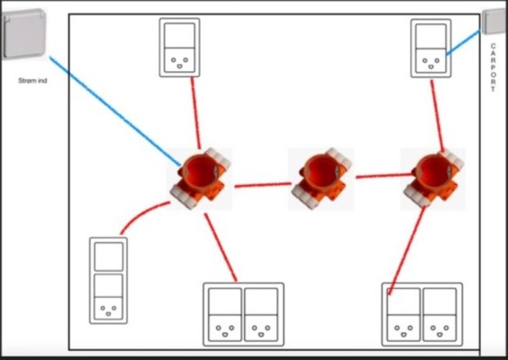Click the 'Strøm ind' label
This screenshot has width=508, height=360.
point(32,81)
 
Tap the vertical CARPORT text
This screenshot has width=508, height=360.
point(493,67)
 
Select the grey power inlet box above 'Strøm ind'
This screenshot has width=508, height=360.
point(23,34)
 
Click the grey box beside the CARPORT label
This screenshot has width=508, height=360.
point(494,22)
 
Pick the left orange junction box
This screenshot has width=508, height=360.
point(201,177)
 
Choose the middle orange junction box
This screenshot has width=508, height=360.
point(322,177)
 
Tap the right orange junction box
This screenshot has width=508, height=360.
point(433,177)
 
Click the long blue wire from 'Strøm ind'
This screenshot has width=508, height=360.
point(115,111)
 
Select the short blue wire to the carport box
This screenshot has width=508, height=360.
point(463,42)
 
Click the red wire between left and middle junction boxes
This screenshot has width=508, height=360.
point(263,184)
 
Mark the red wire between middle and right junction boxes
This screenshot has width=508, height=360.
point(385,175)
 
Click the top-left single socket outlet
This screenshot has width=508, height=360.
point(179,48)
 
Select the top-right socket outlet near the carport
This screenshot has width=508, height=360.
point(431,49)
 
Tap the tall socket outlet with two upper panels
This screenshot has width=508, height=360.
point(108,281)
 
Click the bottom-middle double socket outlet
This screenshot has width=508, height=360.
point(243,314)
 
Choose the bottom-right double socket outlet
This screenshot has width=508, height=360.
point(422,314)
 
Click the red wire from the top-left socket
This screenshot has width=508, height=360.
point(195,113)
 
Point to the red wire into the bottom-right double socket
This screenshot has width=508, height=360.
point(407,250)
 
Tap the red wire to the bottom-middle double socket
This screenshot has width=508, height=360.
point(221,247)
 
